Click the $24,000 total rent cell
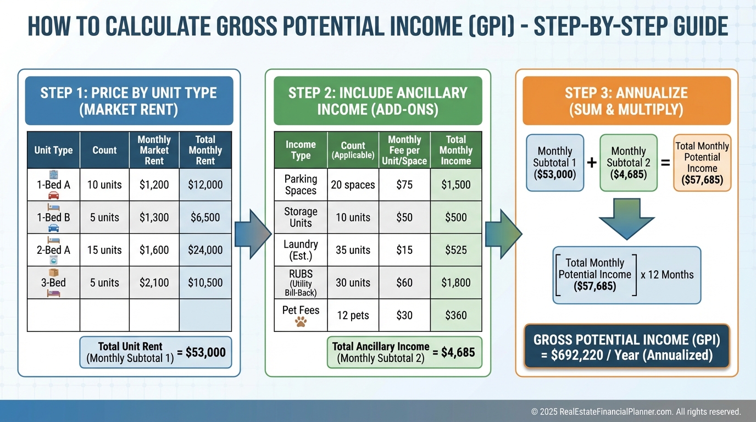[205, 250]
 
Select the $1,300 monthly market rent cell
[154, 218]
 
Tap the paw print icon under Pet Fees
[301, 322]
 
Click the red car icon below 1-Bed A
[54, 195]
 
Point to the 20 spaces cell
[353, 185]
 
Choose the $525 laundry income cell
[456, 250]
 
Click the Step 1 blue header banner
[129, 101]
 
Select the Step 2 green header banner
[377, 101]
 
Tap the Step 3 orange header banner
[627, 101]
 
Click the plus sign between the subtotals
[592, 163]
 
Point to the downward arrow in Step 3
[627, 219]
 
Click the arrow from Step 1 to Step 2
[253, 234]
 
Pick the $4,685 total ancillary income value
[458, 352]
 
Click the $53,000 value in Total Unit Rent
[205, 352]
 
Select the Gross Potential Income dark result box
[627, 347]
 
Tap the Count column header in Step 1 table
[104, 150]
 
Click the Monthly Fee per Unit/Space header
[404, 150]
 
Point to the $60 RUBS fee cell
[404, 282]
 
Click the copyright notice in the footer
[636, 412]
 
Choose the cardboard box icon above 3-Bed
[54, 273]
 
